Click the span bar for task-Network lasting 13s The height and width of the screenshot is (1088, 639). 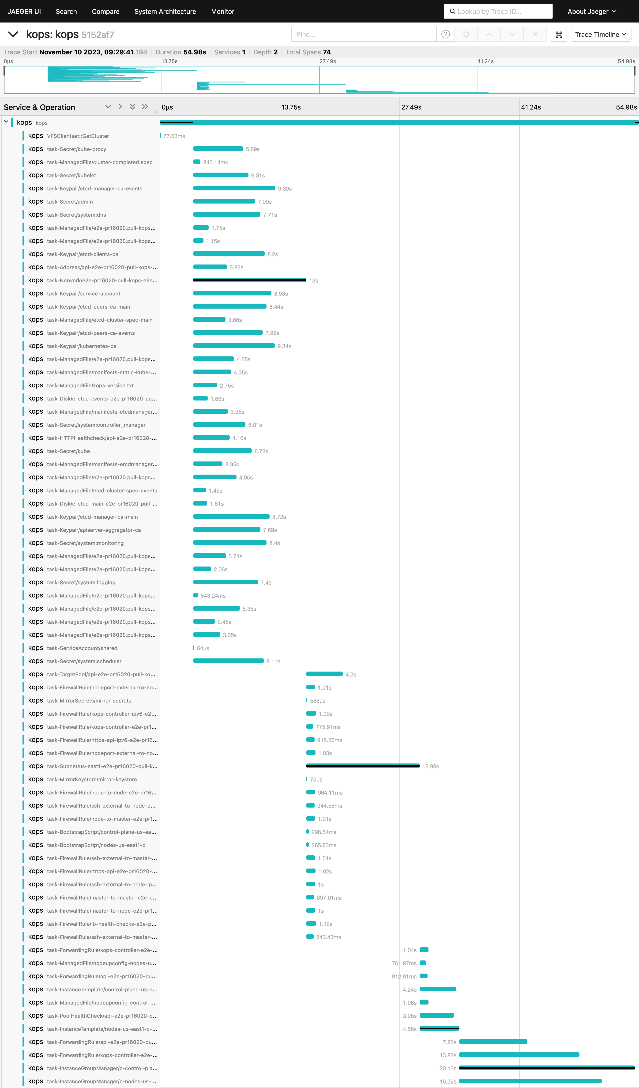click(250, 280)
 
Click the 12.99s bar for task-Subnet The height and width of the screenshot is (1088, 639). click(363, 766)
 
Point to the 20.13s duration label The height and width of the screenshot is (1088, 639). click(448, 1068)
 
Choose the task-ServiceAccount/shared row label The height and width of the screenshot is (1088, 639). click(82, 648)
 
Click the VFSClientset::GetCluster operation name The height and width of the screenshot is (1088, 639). click(78, 136)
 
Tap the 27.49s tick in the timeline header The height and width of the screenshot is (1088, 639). click(411, 107)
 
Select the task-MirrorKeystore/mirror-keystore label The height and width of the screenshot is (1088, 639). click(92, 779)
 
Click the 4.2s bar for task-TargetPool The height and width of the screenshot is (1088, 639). click(324, 674)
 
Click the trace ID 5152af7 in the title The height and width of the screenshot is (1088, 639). click(98, 34)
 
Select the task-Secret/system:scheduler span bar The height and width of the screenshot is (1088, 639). click(228, 661)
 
